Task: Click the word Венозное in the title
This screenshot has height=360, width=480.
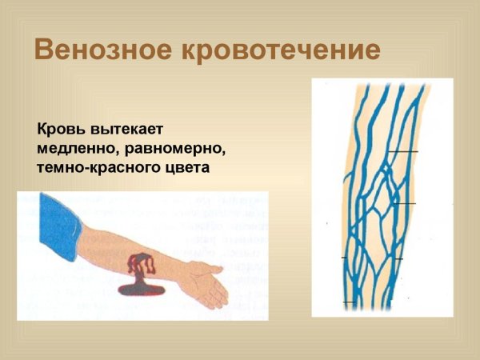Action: (x=106, y=50)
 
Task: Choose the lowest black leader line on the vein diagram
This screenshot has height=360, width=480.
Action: (x=350, y=302)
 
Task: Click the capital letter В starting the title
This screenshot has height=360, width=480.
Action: (x=44, y=50)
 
